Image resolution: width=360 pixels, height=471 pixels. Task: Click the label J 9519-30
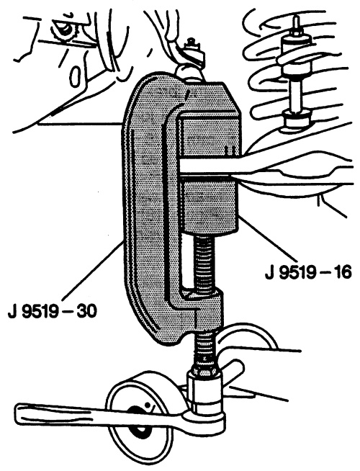53,311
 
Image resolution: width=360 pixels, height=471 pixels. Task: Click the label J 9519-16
308,273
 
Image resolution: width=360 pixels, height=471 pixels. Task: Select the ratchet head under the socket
204,419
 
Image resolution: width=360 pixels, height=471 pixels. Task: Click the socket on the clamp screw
204,390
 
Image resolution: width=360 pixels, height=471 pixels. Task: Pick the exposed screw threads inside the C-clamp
204,264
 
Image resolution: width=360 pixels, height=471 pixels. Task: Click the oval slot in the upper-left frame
76,77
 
